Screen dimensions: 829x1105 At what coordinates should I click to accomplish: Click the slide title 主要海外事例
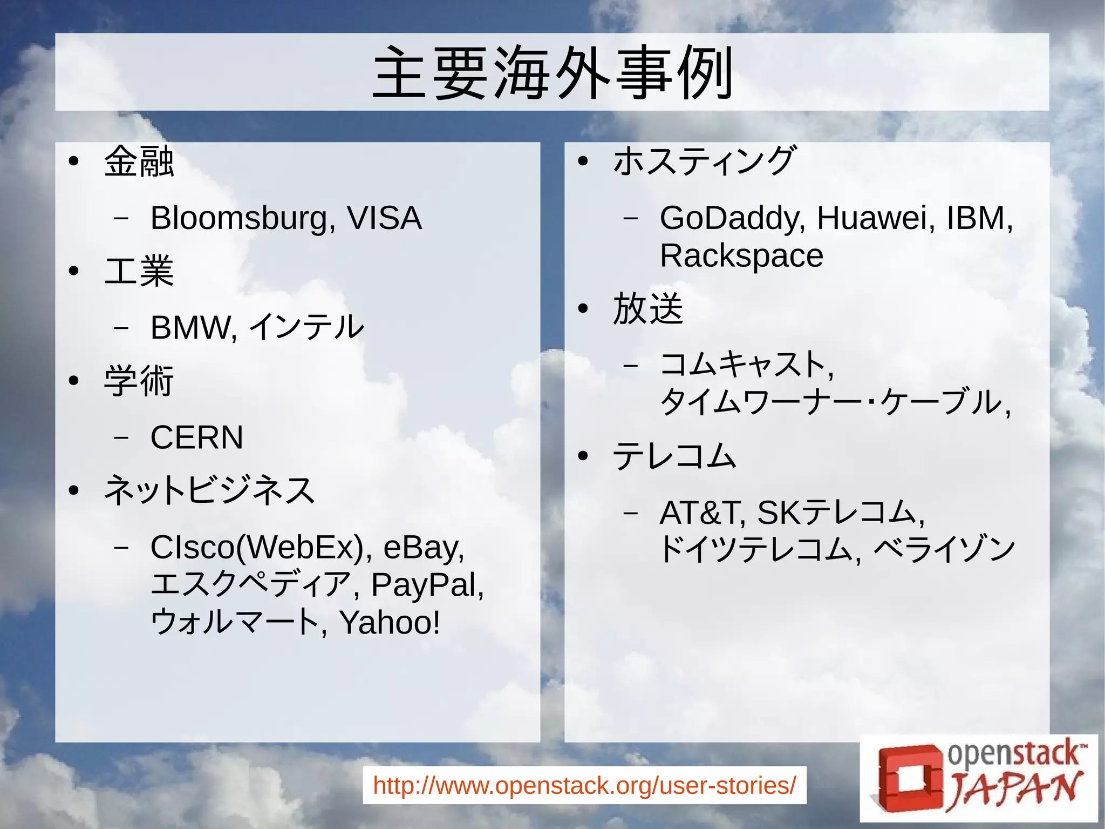552,73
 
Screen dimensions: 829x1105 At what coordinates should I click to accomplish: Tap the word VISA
384,218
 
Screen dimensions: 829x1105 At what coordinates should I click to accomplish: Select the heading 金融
139,161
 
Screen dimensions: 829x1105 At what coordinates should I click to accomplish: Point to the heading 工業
139,271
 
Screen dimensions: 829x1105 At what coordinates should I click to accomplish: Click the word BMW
192,327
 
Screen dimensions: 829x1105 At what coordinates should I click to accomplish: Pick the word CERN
197,437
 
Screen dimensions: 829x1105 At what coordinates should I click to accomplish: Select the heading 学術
139,381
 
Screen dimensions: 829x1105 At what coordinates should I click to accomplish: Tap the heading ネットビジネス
209,490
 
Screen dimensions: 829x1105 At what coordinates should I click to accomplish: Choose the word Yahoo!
390,622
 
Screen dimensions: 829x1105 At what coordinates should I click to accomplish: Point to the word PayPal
426,585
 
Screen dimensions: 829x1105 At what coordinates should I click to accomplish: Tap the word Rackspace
741,255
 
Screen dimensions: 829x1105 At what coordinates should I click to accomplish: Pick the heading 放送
648,308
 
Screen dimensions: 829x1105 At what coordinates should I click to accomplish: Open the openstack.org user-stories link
584,785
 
